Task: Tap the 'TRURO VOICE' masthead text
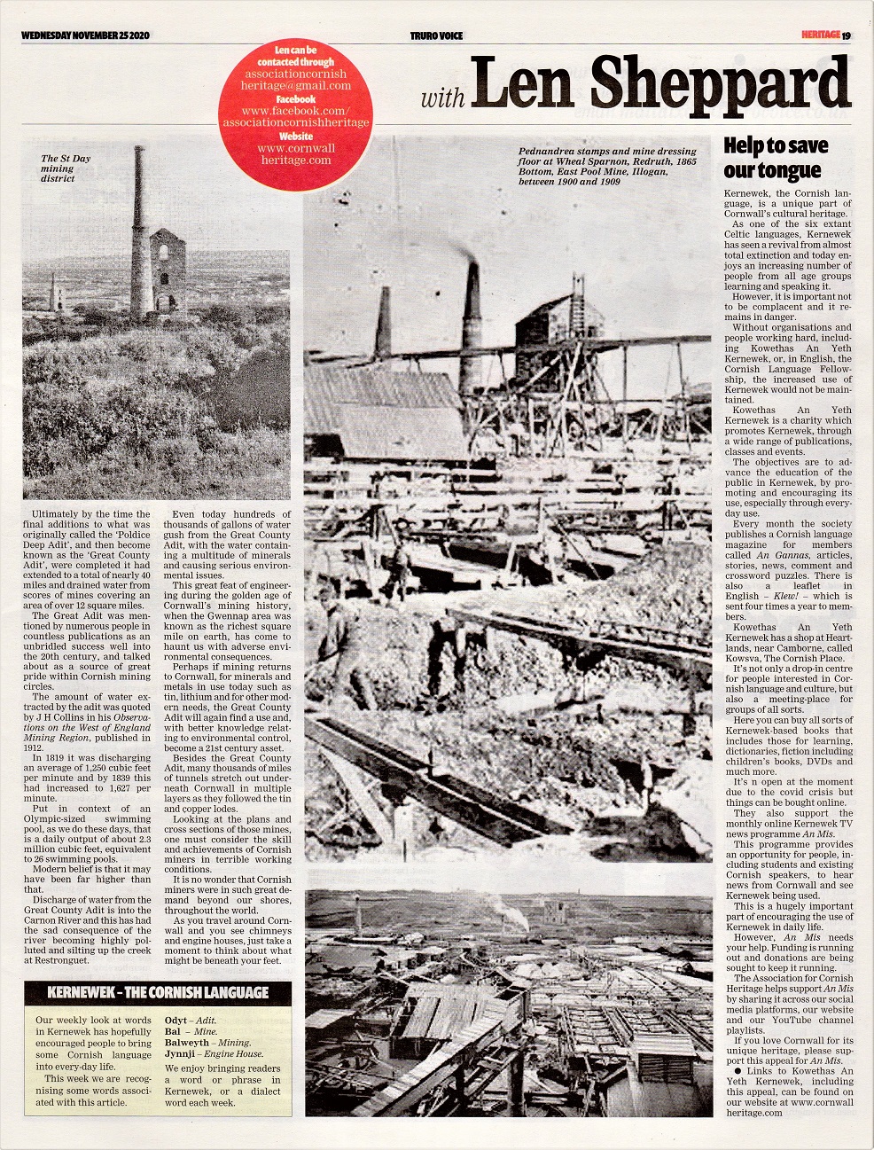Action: [436, 35]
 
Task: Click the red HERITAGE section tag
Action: [818, 35]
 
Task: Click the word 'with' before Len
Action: [441, 97]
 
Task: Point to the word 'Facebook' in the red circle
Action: [297, 99]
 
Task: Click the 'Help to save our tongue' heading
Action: [776, 158]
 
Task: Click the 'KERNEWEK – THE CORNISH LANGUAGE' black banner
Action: [158, 991]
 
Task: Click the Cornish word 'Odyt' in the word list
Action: [177, 1021]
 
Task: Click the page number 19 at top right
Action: [847, 35]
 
